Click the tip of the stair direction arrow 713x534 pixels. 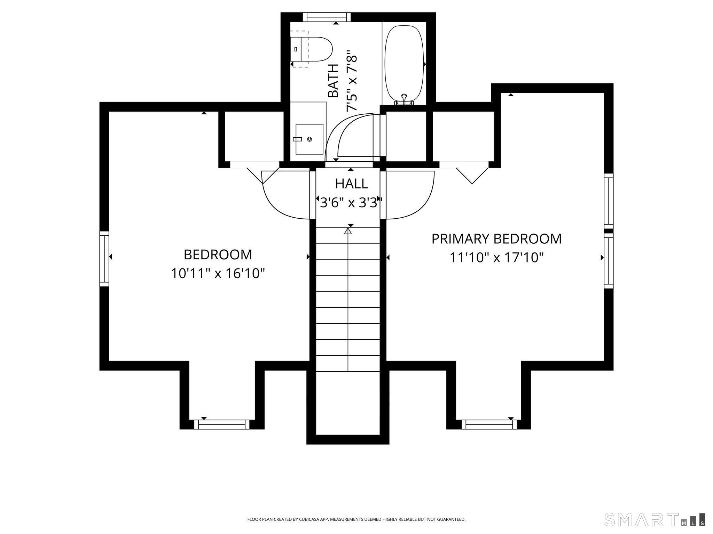click(x=348, y=228)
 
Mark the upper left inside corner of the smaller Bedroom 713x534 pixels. click(x=109, y=112)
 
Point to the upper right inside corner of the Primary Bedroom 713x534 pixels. click(x=604, y=93)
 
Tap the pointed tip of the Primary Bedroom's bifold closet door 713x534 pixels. click(x=472, y=184)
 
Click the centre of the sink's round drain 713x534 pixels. click(x=310, y=139)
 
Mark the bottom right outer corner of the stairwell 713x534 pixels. click(x=389, y=444)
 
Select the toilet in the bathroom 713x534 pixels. click(x=311, y=49)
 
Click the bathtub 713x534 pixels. click(x=404, y=64)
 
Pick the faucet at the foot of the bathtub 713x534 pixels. click(x=404, y=99)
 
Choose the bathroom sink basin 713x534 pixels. click(x=310, y=139)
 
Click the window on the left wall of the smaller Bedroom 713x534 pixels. click(x=104, y=259)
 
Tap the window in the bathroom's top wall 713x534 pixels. click(x=327, y=17)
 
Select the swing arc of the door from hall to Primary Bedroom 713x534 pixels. click(x=410, y=195)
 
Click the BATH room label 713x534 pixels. click(x=333, y=81)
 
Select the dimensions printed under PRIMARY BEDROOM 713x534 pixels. click(x=497, y=258)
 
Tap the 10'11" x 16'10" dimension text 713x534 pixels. click(x=218, y=274)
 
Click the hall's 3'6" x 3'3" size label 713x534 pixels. click(x=351, y=202)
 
